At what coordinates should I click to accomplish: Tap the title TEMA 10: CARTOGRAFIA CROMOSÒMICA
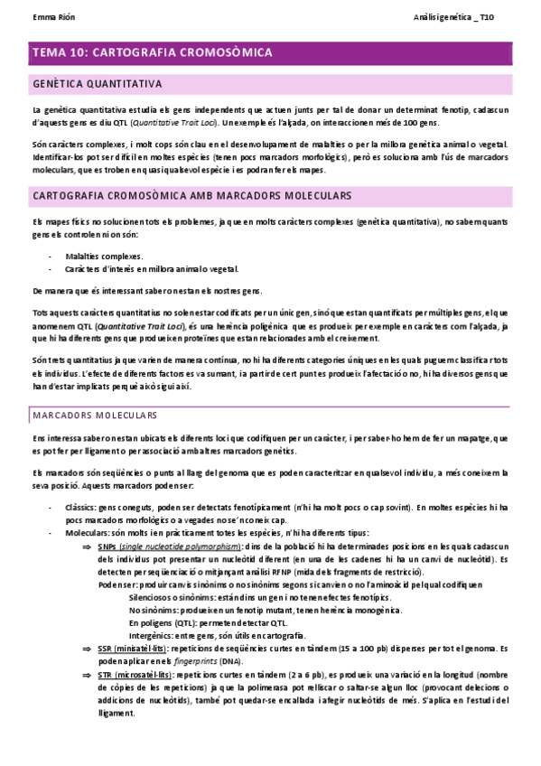pos(152,53)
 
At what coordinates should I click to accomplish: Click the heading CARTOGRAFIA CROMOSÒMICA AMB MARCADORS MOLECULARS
pos(191,196)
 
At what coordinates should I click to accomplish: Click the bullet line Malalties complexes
pos(104,257)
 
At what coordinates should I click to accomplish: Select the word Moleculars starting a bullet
pos(88,533)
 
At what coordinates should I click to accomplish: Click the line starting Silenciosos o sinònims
pos(226,598)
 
